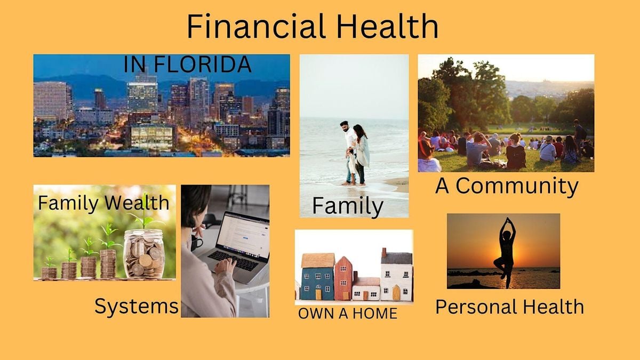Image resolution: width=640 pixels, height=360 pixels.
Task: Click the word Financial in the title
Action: coord(257,26)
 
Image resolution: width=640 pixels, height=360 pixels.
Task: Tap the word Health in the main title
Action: coord(387,26)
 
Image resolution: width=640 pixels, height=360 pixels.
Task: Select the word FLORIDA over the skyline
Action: coord(203,65)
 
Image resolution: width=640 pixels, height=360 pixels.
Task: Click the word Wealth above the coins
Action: coord(137,203)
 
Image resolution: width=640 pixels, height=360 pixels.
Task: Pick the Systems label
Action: coord(137,306)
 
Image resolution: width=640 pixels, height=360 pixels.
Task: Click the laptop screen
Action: coord(243,235)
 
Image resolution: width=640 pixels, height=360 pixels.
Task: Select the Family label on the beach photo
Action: coord(348,206)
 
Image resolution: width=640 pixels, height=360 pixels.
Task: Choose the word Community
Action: coord(517,186)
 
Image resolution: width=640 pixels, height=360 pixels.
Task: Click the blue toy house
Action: coord(317,277)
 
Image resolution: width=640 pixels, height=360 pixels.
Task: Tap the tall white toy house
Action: coord(397,275)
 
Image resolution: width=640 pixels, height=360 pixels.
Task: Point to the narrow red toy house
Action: coord(343,278)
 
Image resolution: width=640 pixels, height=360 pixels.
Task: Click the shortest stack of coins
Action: coord(49,273)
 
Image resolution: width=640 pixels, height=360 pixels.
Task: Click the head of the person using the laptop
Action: coord(196,204)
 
